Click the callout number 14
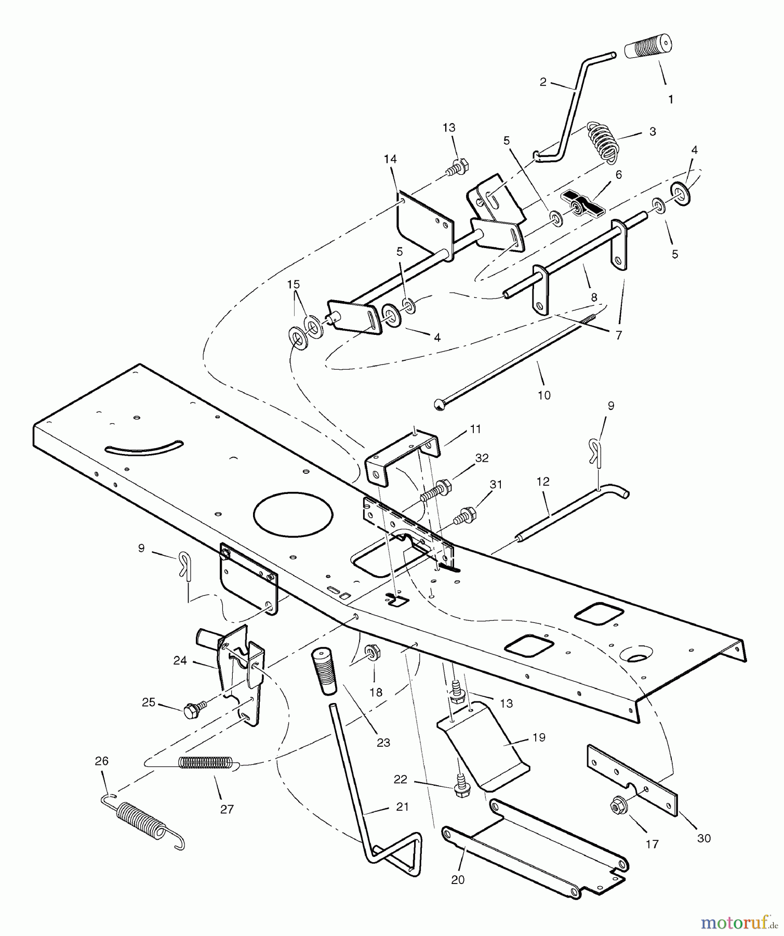point(390,159)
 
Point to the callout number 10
point(543,395)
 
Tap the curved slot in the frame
point(144,447)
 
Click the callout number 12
point(542,482)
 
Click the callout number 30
point(703,838)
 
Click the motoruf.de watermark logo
point(735,922)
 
